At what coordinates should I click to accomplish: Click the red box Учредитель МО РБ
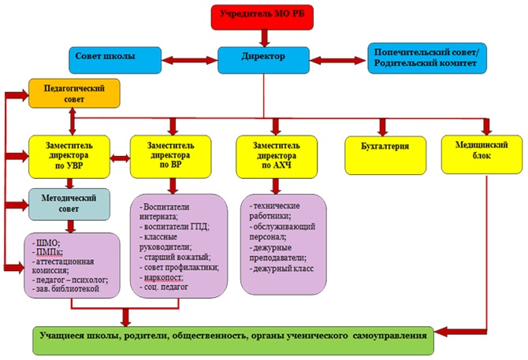[262, 17]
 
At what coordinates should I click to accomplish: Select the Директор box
[263, 60]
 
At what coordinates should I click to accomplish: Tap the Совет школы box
[115, 60]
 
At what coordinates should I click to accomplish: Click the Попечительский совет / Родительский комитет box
[427, 58]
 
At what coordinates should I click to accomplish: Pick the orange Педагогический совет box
[74, 93]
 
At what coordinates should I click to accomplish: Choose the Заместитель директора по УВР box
[69, 157]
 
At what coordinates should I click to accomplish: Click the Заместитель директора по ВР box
[171, 157]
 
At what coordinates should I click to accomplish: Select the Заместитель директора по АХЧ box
[277, 157]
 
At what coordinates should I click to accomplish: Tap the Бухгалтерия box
[385, 155]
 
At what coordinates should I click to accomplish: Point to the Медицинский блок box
[482, 154]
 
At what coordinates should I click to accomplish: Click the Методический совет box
[69, 204]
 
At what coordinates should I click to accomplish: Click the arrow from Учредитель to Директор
[265, 38]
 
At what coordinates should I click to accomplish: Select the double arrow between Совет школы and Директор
[190, 60]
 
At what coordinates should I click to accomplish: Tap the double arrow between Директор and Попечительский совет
[338, 61]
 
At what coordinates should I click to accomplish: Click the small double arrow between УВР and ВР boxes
[120, 158]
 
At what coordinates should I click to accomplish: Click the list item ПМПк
[49, 251]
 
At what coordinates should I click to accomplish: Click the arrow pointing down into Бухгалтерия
[382, 127]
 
